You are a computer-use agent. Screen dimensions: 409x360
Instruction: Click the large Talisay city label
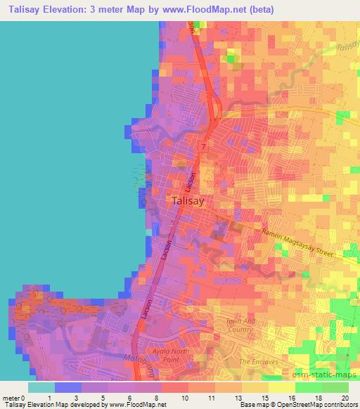click(x=188, y=201)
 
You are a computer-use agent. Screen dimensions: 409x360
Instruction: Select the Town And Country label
click(x=239, y=325)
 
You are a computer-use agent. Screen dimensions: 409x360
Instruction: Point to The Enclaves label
click(x=255, y=361)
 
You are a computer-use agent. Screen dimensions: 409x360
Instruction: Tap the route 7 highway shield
click(x=202, y=146)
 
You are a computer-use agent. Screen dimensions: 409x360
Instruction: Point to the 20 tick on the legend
click(x=345, y=398)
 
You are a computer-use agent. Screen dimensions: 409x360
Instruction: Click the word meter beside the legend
click(x=11, y=398)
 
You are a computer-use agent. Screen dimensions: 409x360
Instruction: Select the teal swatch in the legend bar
click(x=41, y=387)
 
